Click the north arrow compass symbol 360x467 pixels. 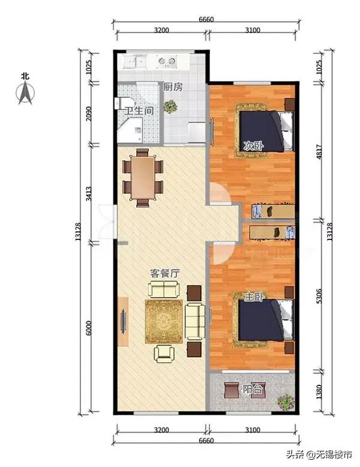25,92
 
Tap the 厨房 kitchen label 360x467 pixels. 173,87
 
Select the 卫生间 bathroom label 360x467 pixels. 139,111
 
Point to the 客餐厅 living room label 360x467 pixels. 164,273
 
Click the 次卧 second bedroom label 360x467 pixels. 253,146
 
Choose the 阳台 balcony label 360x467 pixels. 253,389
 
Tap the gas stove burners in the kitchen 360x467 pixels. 167,61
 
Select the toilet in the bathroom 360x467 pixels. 121,103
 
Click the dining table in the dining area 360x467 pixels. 143,178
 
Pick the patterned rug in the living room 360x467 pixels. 164,322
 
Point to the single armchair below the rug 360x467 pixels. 164,354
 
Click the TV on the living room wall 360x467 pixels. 123,321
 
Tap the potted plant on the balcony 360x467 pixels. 286,401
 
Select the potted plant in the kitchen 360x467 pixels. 170,107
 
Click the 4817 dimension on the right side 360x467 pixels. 319,152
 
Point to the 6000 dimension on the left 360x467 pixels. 89,328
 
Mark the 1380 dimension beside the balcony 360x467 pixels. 319,392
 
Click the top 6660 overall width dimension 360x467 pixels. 206,19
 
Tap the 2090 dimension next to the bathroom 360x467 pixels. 89,114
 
